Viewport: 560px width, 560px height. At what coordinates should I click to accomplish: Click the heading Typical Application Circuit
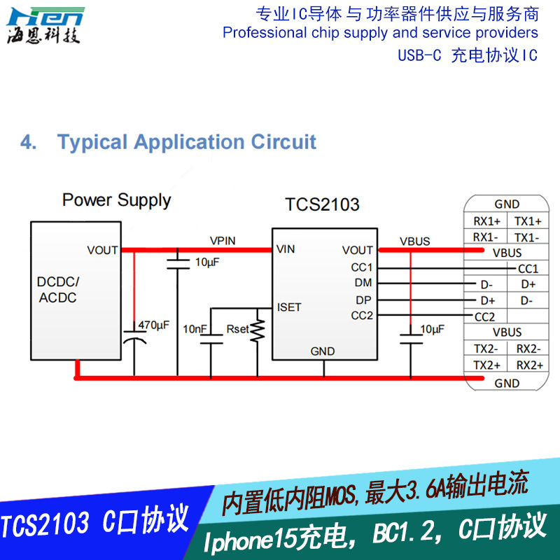(187, 142)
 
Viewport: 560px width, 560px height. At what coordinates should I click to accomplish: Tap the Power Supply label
(116, 200)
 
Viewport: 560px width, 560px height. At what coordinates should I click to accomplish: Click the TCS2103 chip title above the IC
(322, 204)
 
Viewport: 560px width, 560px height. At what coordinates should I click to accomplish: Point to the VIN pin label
(285, 249)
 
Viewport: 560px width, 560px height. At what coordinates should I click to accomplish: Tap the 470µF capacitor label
(153, 325)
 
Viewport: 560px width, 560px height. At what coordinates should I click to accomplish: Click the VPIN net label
(223, 241)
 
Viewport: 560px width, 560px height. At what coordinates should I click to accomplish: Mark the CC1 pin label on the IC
(362, 267)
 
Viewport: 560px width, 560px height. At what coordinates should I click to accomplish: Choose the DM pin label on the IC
(364, 283)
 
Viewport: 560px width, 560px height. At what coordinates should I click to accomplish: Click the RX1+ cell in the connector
(486, 221)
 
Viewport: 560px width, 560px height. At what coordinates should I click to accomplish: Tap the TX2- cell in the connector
(486, 349)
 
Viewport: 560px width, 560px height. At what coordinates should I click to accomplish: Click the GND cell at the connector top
(507, 204)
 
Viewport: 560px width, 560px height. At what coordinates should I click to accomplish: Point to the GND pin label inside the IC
(323, 351)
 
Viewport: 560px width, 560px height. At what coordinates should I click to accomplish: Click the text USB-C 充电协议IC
(467, 55)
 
